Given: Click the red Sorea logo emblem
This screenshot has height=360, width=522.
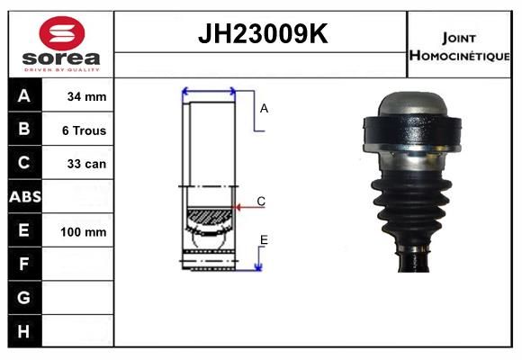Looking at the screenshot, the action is point(62,33).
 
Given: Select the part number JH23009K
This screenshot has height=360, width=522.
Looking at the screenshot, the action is point(263,33).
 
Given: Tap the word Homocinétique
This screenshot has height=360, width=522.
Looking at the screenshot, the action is point(459,56).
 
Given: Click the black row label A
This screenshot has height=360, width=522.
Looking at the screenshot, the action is point(24,95).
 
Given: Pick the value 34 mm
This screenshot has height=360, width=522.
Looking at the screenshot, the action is point(86,96).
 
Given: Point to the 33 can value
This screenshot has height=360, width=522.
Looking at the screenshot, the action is point(86,164).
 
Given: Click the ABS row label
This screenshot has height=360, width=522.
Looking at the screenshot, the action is point(25,197).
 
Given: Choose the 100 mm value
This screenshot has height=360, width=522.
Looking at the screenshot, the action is point(84,232).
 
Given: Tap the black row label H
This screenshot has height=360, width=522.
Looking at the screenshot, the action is point(23,331).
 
